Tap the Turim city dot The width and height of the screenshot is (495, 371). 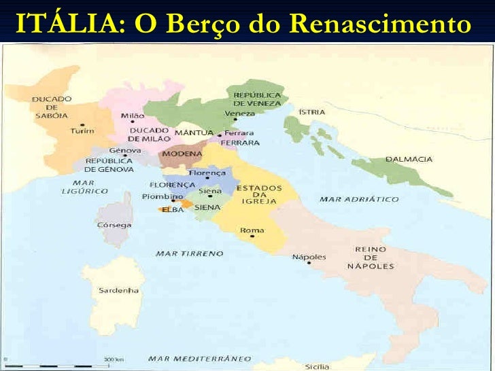point(83,125)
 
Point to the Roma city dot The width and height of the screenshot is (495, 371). point(253,236)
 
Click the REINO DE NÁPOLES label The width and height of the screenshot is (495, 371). point(371,258)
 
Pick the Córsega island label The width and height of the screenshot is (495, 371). point(110,224)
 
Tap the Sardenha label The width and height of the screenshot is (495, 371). point(119,290)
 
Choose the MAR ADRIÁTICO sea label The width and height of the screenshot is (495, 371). point(359,199)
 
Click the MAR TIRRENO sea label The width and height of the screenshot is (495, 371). point(189,253)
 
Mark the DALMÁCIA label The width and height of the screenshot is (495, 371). point(409,159)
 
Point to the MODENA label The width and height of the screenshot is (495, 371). point(182,154)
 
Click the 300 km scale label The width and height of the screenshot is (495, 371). point(112,359)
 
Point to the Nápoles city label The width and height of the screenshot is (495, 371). point(309,257)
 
